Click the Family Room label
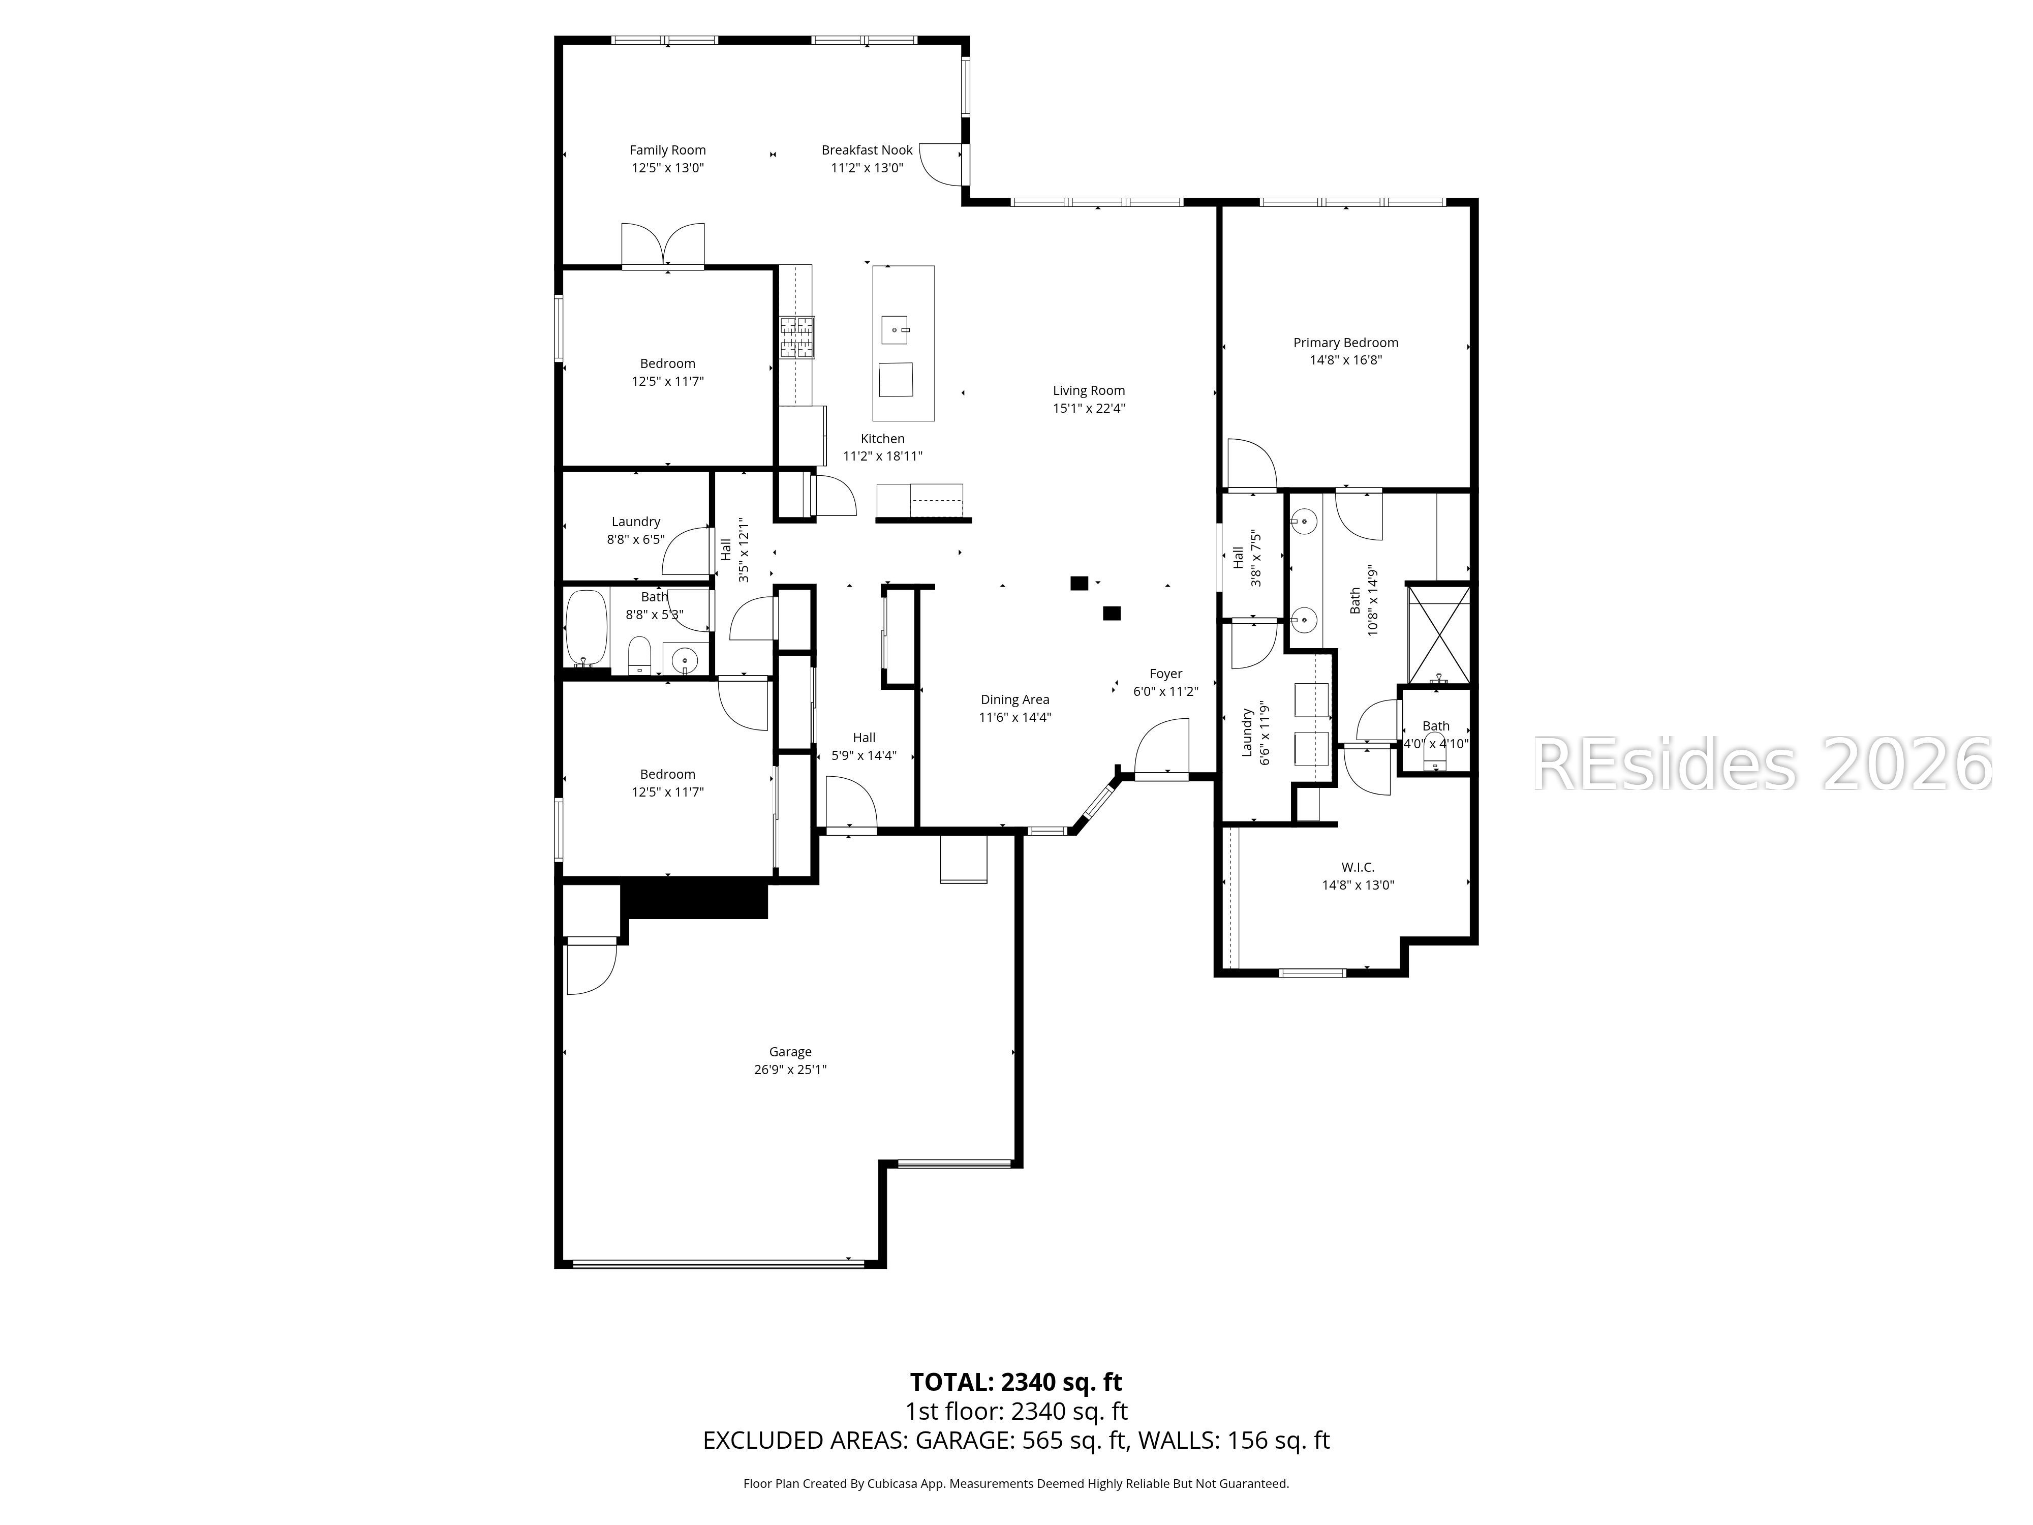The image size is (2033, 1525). point(667,150)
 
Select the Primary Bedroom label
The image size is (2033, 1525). point(1345,343)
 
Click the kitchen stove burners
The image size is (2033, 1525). point(797,337)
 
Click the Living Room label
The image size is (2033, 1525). point(1088,391)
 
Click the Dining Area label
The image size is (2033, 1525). point(1014,699)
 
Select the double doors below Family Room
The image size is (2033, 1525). point(663,246)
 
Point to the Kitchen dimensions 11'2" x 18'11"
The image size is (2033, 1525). point(882,456)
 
